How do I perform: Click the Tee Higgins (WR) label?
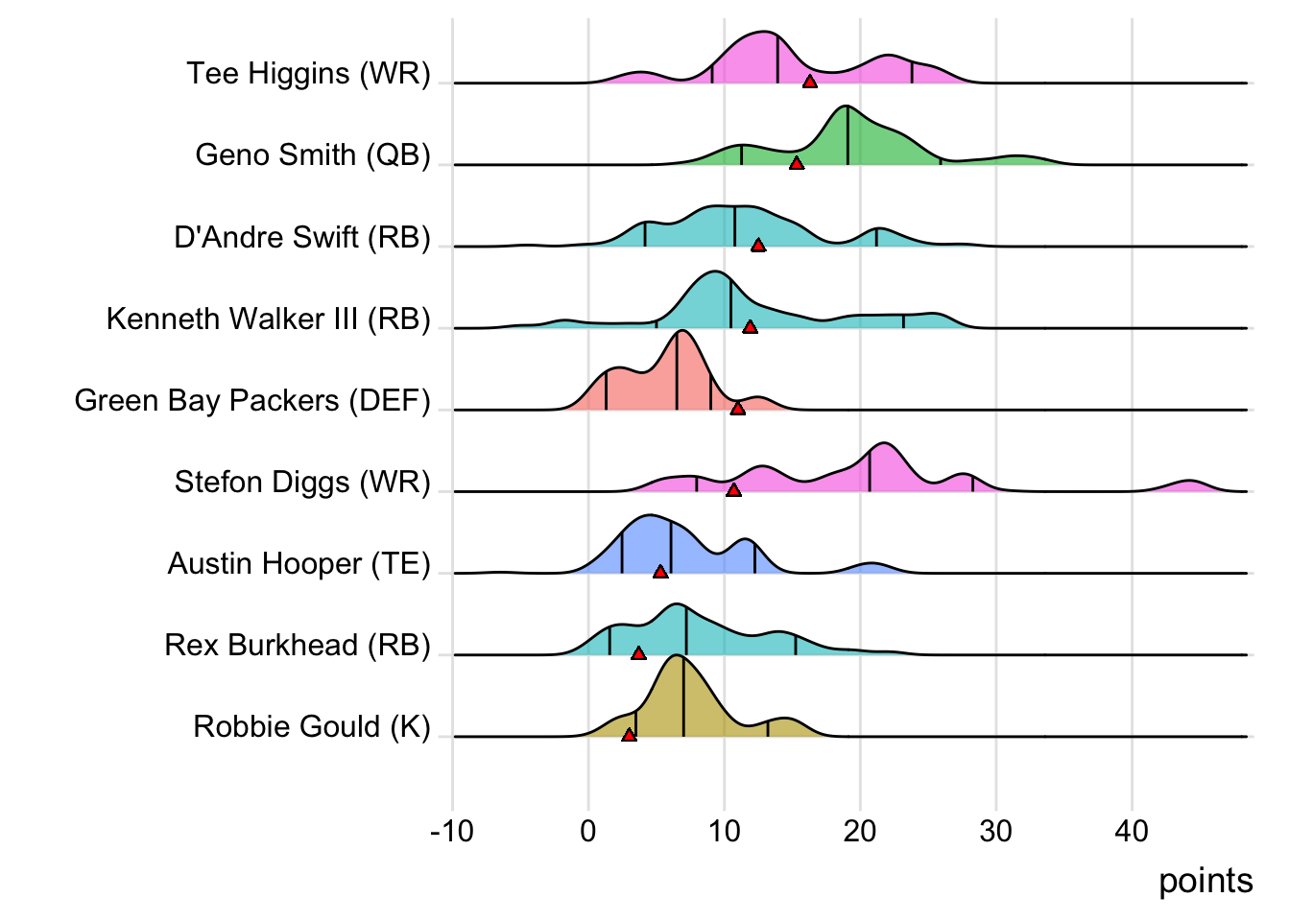coord(308,74)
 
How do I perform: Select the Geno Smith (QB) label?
coord(313,155)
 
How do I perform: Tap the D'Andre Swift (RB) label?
coord(302,237)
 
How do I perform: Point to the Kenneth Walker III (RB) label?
coord(269,319)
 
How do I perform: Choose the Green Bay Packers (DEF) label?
coord(252,400)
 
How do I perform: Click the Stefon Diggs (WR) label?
coord(302,482)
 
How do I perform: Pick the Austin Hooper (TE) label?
coord(299,563)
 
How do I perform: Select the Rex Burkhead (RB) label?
coord(298,645)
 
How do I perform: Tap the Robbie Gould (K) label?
coord(312,726)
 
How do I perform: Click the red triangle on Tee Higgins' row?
coord(810,82)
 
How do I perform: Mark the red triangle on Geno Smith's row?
coord(797,163)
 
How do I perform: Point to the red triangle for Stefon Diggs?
coord(733,490)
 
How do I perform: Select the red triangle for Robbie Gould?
coord(629,735)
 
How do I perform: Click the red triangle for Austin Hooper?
coord(660,572)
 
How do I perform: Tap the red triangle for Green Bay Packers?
coord(737,409)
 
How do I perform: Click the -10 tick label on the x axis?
coord(451,831)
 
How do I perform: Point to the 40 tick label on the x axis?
coord(1132,831)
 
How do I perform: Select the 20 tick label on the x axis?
coord(860,831)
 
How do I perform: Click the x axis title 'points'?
coord(1206,881)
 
